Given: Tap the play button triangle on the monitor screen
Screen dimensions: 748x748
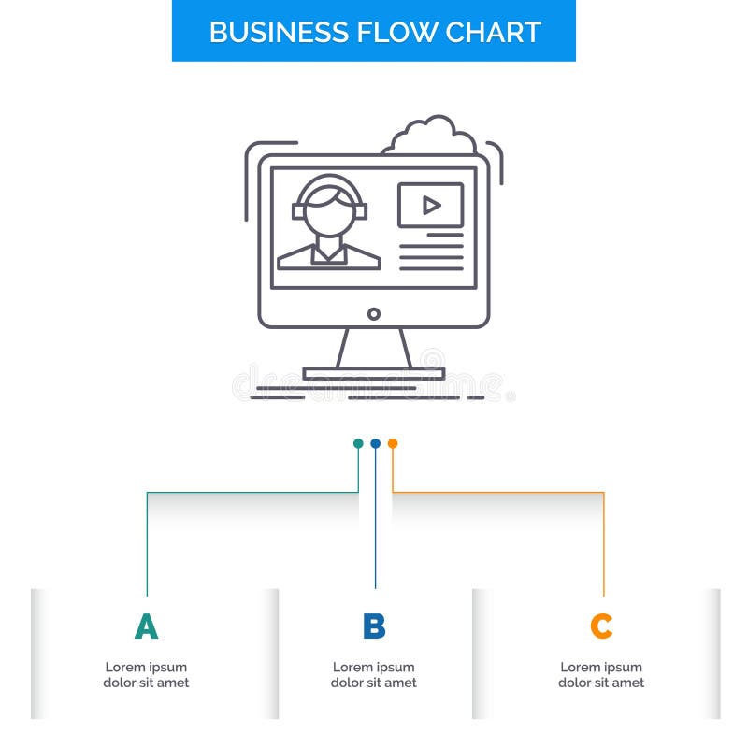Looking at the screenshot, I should coord(431,205).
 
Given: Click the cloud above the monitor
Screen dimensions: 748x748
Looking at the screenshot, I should coord(429,137).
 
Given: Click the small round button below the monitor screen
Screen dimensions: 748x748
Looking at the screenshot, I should coord(374,314).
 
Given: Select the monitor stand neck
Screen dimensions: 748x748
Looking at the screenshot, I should coord(374,348).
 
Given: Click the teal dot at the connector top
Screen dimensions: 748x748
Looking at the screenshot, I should coord(358,443).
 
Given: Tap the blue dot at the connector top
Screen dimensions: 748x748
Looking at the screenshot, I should coord(375,443).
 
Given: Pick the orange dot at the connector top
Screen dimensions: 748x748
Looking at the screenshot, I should coord(393,443).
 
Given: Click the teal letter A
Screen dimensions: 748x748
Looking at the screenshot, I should coord(146,626).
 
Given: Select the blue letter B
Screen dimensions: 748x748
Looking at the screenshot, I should coord(374,626).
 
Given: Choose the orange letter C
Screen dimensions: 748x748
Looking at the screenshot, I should coord(601,626).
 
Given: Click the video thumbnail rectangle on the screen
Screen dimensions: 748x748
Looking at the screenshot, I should coord(430,205).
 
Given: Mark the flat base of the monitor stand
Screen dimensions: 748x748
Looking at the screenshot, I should coord(374,373).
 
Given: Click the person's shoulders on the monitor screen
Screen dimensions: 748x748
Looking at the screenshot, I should coord(329,255).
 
